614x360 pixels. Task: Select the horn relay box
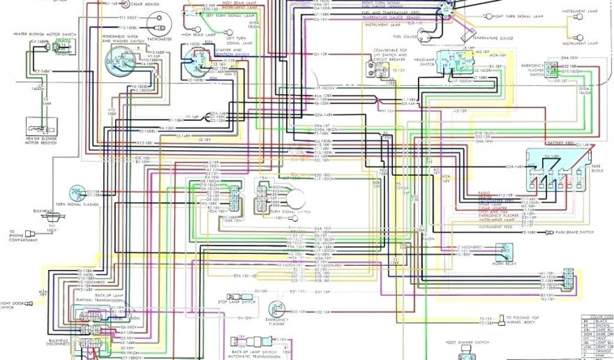click(504, 250)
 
